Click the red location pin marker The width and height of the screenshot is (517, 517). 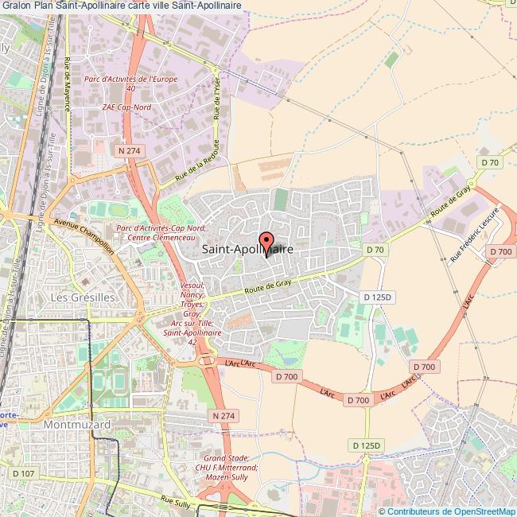tap(266, 240)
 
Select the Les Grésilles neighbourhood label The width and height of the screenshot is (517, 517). tap(84, 297)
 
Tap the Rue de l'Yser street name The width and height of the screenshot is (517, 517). tap(216, 99)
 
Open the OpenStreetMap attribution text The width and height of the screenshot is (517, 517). tap(448, 511)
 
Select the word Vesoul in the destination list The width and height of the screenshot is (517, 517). tap(193, 286)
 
